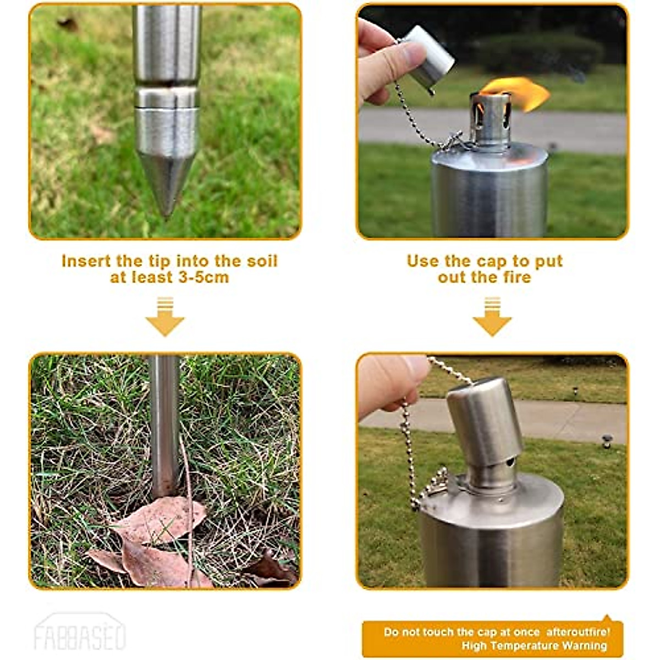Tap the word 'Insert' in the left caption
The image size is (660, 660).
point(86,261)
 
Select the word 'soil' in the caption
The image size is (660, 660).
point(261,261)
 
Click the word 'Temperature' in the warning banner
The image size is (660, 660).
point(527,646)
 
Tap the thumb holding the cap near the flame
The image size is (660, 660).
point(404,55)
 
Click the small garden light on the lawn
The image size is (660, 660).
point(607,440)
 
